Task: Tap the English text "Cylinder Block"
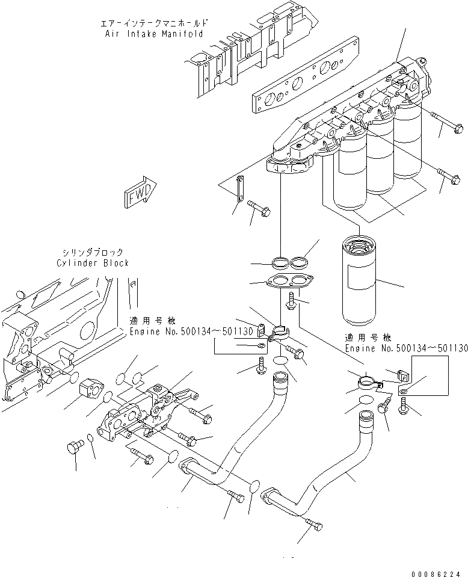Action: [93, 263]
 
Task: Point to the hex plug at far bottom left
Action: [75, 448]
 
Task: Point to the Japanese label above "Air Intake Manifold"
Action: [155, 23]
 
